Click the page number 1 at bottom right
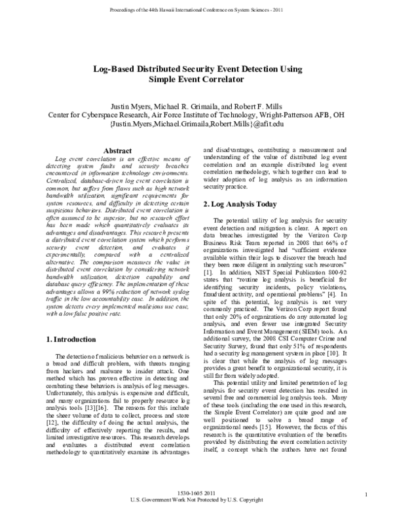click(x=370, y=494)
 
